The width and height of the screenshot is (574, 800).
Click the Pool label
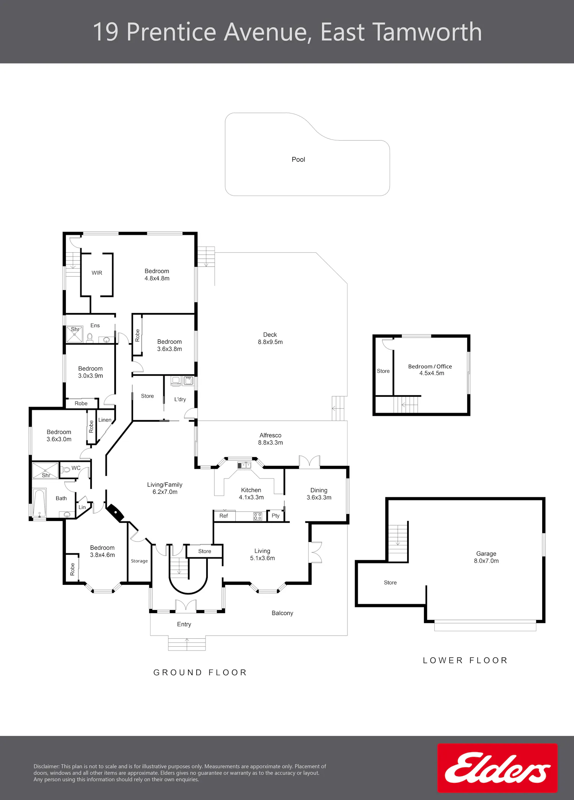pyautogui.click(x=298, y=159)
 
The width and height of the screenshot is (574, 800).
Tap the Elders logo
pyautogui.click(x=497, y=768)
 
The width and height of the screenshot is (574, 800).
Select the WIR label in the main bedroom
pyautogui.click(x=97, y=273)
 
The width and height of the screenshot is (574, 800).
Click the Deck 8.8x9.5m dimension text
pyautogui.click(x=270, y=342)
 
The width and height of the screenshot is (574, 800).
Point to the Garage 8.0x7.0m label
pyautogui.click(x=486, y=557)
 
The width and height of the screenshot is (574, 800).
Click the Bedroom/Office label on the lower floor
pyautogui.click(x=430, y=367)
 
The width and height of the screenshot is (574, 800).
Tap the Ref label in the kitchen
pyautogui.click(x=223, y=516)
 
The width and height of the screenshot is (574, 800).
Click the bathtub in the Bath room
pyautogui.click(x=39, y=503)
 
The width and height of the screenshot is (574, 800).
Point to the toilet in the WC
pyautogui.click(x=65, y=469)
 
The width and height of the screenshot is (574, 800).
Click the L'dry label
pyautogui.click(x=180, y=399)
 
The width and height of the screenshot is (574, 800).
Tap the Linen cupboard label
pyautogui.click(x=105, y=420)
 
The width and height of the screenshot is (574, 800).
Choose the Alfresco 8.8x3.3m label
pyautogui.click(x=271, y=439)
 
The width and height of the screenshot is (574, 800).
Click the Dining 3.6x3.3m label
pyautogui.click(x=319, y=494)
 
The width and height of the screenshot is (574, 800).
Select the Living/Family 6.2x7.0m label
pyautogui.click(x=165, y=488)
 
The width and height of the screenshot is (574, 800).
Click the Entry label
pyautogui.click(x=184, y=624)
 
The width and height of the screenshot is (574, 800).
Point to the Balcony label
pyautogui.click(x=282, y=613)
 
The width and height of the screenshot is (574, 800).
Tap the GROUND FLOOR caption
pyautogui.click(x=200, y=673)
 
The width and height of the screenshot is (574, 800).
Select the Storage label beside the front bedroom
pyautogui.click(x=139, y=561)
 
